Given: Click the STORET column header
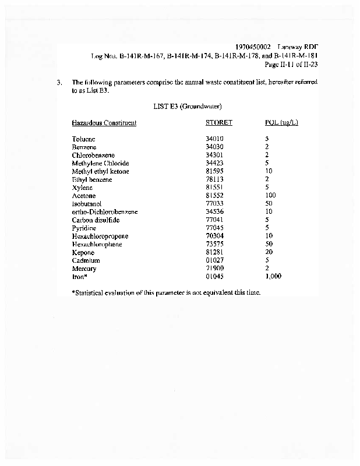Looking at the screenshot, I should [218, 123].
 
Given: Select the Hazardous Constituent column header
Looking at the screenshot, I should [104, 123].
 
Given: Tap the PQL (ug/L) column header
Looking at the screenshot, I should [281, 123].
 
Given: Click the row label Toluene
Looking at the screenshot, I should [84, 139].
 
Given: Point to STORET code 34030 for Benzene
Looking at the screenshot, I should [214, 147].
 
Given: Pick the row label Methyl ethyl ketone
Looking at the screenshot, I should [101, 172].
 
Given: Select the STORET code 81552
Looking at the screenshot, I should [214, 196].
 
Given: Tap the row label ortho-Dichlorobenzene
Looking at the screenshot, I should [105, 212].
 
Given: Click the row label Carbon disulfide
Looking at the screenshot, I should [96, 220].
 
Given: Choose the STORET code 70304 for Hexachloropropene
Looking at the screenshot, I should [214, 236].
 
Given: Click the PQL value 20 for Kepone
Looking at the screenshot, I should [269, 253].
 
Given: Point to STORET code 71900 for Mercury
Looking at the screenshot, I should [214, 269].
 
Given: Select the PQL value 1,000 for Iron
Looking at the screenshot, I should [273, 277].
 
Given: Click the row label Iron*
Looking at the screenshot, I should [80, 277].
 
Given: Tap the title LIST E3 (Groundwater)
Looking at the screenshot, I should [187, 107].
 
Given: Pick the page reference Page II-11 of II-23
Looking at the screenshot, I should [291, 64].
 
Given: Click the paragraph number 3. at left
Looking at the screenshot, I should [59, 83].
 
